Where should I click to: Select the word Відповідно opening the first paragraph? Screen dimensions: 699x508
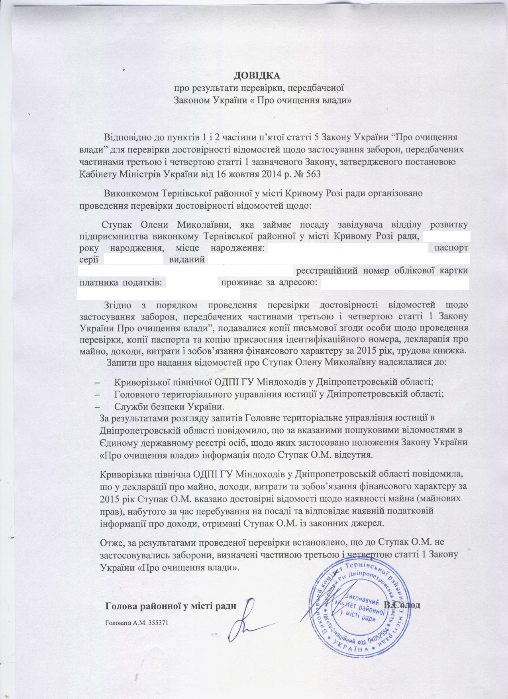(x=127, y=137)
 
